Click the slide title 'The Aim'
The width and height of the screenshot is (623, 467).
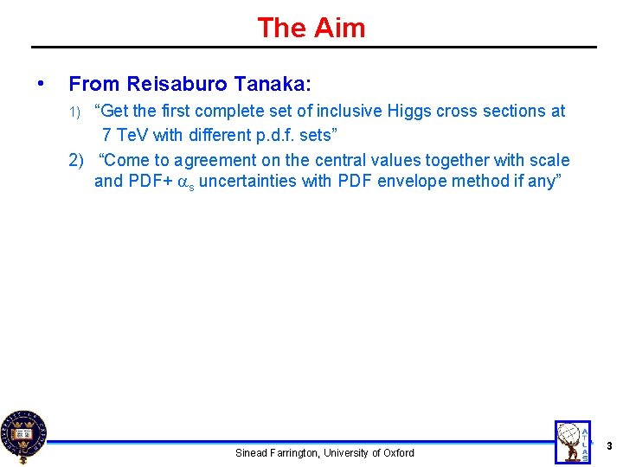click(311, 28)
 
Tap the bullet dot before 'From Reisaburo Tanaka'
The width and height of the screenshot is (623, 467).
click(40, 84)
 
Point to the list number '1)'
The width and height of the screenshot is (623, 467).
click(75, 112)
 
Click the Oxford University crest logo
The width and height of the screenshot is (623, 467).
click(23, 437)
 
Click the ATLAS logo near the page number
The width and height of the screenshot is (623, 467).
click(574, 442)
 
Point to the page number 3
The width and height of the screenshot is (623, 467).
click(609, 446)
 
